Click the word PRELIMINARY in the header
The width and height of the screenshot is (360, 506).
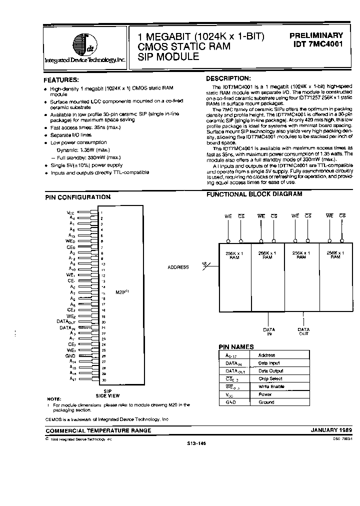[x=316, y=36]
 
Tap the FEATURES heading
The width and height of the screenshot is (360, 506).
[x=61, y=80]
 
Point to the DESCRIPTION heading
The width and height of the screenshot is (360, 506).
[x=228, y=78]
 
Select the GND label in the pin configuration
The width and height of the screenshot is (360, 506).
[x=70, y=355]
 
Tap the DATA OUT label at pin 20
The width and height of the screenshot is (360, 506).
[x=65, y=322]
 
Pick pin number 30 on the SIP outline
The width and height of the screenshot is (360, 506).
[x=103, y=379]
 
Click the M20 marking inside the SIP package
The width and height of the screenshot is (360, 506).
[x=120, y=292]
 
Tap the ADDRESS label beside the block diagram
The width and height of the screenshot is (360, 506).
[x=178, y=267]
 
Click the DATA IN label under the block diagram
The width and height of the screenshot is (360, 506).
[x=269, y=332]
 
